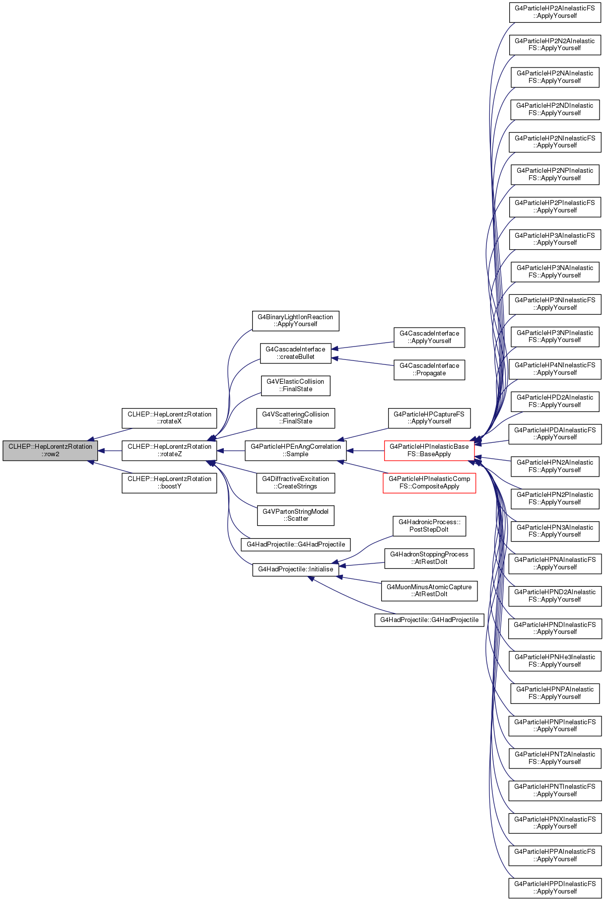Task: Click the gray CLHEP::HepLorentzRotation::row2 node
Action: pyautogui.click(x=50, y=450)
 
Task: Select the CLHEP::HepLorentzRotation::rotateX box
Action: pyautogui.click(x=169, y=418)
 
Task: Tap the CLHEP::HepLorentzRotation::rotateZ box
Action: pyautogui.click(x=169, y=450)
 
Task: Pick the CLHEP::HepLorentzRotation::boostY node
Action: pyautogui.click(x=169, y=483)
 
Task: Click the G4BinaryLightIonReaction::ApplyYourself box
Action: pyautogui.click(x=296, y=321)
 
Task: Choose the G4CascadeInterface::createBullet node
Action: pyautogui.click(x=295, y=353)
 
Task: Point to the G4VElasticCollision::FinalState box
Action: pyautogui.click(x=296, y=386)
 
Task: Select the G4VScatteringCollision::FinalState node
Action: pyautogui.click(x=296, y=418)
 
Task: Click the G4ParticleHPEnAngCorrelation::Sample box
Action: pyautogui.click(x=296, y=450)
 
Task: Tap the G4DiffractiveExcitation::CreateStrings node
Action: pyautogui.click(x=296, y=483)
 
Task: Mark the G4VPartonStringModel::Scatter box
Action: pyautogui.click(x=296, y=515)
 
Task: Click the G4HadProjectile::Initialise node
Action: pyautogui.click(x=296, y=569)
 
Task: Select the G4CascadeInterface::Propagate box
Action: pyautogui.click(x=429, y=370)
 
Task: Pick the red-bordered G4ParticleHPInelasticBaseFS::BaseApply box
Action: pyautogui.click(x=429, y=450)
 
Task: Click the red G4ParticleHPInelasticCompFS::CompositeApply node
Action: pyautogui.click(x=429, y=483)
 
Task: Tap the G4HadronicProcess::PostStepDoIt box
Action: pyautogui.click(x=429, y=526)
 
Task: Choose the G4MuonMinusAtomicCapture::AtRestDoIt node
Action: pyautogui.click(x=429, y=591)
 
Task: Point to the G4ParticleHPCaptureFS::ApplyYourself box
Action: pyautogui.click(x=429, y=418)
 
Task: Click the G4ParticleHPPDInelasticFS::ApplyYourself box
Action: pyautogui.click(x=555, y=888)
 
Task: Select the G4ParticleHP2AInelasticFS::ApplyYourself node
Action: pyautogui.click(x=555, y=12)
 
